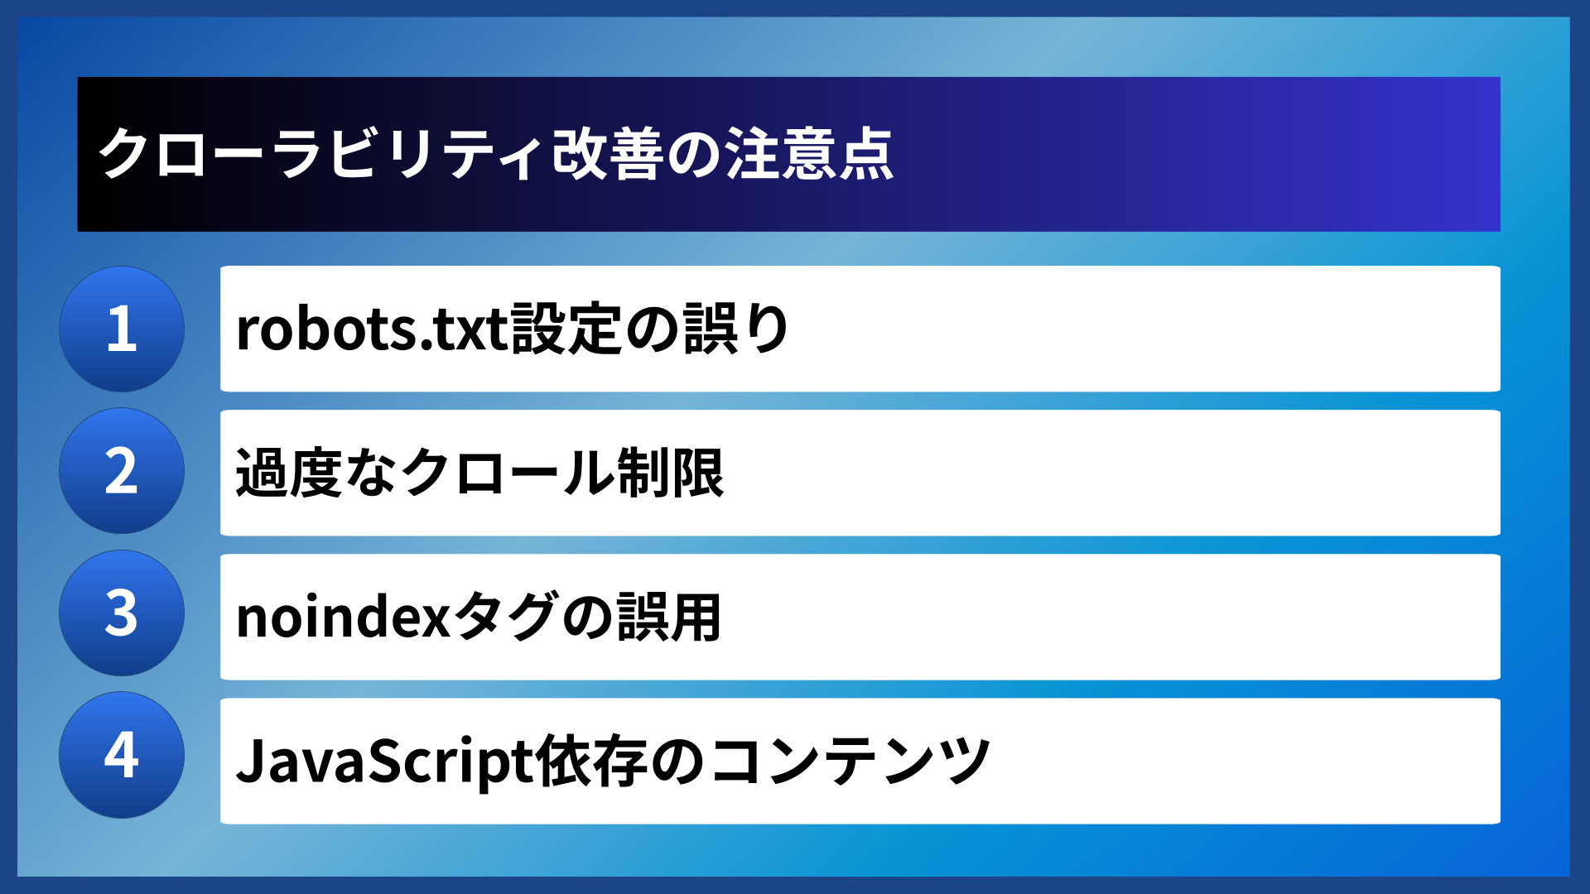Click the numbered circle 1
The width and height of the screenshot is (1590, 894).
click(x=122, y=329)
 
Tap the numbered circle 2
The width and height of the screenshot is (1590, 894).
click(x=122, y=471)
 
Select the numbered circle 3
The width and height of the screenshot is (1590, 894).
click(x=122, y=613)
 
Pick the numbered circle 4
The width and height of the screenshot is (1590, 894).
click(x=122, y=755)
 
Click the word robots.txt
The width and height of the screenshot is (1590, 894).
click(x=372, y=329)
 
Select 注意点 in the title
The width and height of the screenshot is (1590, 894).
click(x=810, y=154)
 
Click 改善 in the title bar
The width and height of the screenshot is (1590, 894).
click(x=608, y=154)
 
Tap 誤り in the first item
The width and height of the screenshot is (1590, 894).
click(x=737, y=329)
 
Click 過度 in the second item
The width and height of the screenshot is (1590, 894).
click(x=289, y=473)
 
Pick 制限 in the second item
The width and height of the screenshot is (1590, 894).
click(x=671, y=473)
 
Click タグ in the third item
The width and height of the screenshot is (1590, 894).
click(x=505, y=618)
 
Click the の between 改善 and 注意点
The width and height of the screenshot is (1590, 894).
click(x=695, y=154)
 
